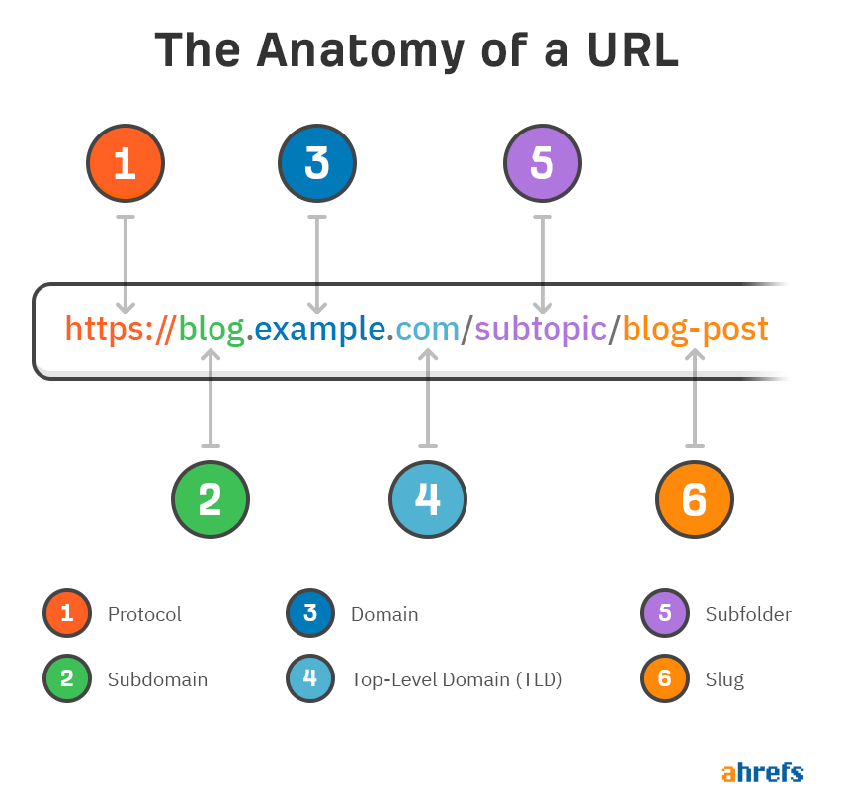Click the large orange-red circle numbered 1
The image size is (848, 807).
[126, 163]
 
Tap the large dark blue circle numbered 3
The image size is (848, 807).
[317, 163]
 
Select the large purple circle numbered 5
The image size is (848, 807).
[543, 163]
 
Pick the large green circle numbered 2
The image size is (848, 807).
[211, 499]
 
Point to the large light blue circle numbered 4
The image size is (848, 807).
[428, 499]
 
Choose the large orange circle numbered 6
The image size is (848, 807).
[695, 499]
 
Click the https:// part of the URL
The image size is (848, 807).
[120, 329]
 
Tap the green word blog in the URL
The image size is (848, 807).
[212, 329]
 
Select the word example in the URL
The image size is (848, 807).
[319, 329]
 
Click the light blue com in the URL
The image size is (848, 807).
[427, 329]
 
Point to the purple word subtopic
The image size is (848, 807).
[541, 329]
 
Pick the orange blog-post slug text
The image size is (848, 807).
[696, 329]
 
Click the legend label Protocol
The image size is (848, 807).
[144, 614]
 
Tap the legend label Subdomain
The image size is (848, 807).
[157, 679]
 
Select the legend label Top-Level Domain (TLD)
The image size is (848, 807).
[457, 679]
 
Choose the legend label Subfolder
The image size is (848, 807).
[748, 614]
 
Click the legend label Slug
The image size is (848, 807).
[724, 679]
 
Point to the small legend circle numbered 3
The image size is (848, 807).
[310, 613]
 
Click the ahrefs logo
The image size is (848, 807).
[762, 773]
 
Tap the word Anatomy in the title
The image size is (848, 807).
[360, 50]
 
